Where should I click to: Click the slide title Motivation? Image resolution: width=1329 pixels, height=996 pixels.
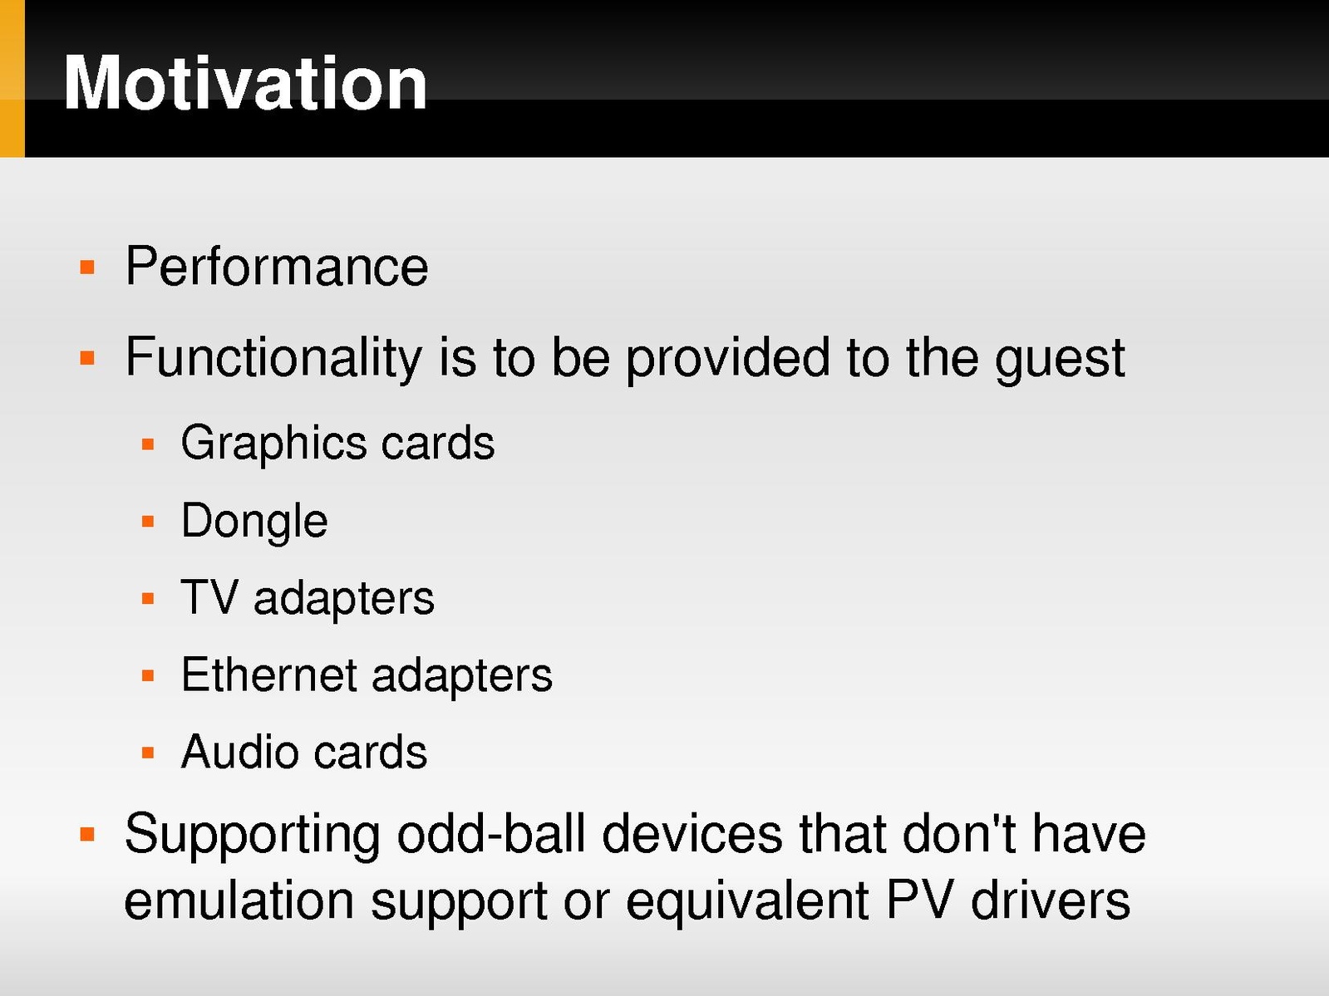[x=245, y=82]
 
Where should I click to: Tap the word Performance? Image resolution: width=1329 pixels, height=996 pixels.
[x=277, y=267]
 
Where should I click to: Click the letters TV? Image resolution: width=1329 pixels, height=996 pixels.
[x=209, y=597]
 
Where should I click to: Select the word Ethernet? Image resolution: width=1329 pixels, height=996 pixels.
[x=269, y=675]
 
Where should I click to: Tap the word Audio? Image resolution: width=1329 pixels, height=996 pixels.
[x=239, y=752]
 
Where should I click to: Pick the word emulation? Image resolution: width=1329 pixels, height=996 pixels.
[x=239, y=901]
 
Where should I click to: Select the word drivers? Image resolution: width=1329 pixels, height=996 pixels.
[x=1050, y=901]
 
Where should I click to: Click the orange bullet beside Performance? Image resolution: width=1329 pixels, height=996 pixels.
[x=87, y=267]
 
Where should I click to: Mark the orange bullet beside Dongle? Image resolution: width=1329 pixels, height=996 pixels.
[x=148, y=522]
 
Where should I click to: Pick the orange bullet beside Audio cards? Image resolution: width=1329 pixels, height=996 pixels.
[x=148, y=753]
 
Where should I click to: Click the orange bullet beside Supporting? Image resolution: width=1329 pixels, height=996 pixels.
[x=87, y=835]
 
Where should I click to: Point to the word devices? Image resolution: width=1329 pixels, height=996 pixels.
[x=692, y=835]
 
